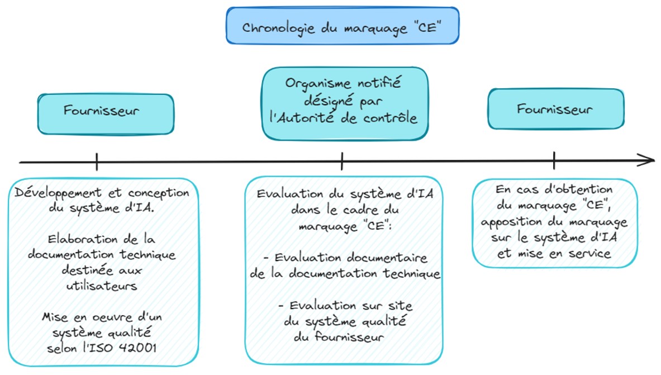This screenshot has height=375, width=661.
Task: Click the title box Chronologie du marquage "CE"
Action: coord(342,26)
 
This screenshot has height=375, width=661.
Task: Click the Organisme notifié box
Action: coord(345,103)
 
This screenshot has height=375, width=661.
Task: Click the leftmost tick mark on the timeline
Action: coord(97,162)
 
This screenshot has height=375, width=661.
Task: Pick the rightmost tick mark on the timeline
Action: coord(554,161)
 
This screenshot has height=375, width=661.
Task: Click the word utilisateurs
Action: coord(101,286)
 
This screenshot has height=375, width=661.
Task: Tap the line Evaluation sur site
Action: coord(346,306)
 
